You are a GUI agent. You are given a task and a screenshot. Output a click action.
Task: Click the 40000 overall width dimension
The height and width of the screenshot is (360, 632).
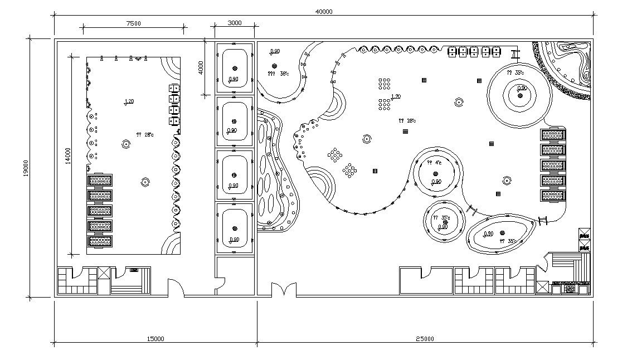tap(323, 12)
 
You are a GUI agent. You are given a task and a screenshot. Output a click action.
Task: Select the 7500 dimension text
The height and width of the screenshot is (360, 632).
tap(133, 23)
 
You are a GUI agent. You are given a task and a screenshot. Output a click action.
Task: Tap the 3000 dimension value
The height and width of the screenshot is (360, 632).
tap(235, 23)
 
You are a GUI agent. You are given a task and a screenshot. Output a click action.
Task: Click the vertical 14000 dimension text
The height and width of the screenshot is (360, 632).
tap(68, 156)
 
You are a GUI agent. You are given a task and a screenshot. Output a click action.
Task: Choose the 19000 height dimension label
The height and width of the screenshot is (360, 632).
tap(26, 168)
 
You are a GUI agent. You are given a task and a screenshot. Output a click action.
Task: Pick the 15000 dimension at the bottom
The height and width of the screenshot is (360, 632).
tap(155, 338)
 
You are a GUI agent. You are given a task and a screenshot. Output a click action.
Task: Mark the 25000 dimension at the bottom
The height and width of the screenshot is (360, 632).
tap(425, 338)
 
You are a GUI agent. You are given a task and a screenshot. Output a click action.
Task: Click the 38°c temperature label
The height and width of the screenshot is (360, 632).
tap(279, 74)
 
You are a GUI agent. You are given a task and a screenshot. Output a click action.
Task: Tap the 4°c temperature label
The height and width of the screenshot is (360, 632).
tap(434, 163)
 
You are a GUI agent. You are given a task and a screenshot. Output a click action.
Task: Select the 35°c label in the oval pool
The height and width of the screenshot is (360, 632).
tap(508, 241)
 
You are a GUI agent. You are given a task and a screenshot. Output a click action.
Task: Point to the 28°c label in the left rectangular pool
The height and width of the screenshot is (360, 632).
tap(144, 134)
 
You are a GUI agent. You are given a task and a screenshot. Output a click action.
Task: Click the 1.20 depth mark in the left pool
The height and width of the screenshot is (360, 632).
tap(129, 101)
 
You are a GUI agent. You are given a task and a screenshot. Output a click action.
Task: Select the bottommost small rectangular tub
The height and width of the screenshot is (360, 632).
tap(235, 228)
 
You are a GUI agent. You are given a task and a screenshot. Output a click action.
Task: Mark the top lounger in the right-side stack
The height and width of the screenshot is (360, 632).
tap(553, 134)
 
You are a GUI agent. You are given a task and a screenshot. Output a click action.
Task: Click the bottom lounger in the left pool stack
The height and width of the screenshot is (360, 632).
tap(99, 241)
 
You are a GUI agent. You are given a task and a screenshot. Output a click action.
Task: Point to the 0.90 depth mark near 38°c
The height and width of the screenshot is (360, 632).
tap(275, 52)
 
